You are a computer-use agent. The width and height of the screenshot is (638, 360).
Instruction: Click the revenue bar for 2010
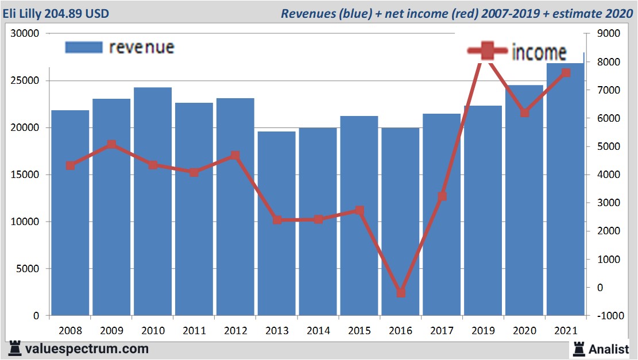pos(153,201)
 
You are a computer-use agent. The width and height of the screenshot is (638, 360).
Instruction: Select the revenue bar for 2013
pos(277,224)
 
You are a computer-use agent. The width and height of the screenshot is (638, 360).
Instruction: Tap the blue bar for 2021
pos(566,189)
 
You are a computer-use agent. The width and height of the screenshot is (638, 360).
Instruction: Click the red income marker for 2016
pos(401,293)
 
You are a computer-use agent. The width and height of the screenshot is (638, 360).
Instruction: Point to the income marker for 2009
pos(111,145)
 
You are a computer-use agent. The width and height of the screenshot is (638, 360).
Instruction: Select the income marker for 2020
pos(524,113)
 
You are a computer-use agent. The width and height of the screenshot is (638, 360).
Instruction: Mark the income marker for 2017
pos(442,196)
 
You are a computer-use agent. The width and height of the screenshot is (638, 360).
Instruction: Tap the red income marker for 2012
pos(235,156)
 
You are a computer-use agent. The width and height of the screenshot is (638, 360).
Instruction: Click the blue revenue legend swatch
pos(84,47)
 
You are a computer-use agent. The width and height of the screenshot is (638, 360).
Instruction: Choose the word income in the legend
pos(539,52)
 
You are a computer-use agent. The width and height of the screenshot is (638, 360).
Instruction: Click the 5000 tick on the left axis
pos(28,269)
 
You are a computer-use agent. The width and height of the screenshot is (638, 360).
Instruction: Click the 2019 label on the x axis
pos(483,331)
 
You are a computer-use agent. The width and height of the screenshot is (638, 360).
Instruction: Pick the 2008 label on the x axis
pos(70,331)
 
